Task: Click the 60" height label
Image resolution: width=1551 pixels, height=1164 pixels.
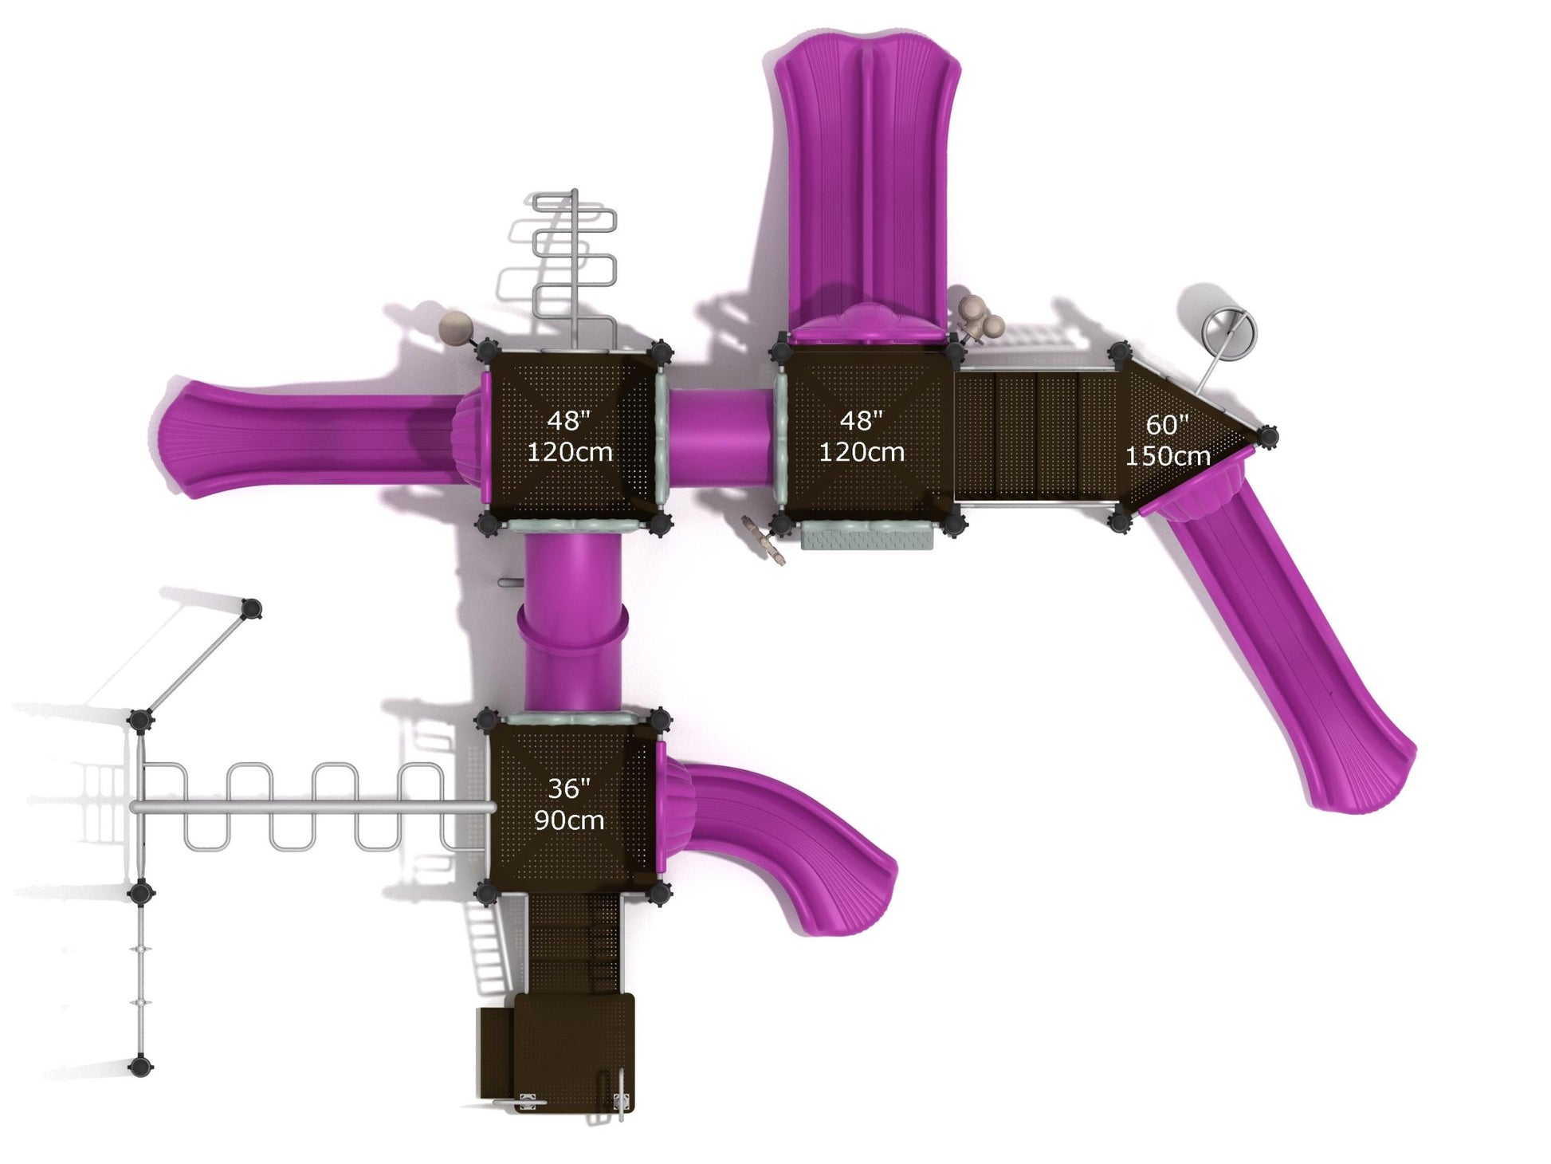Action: [x=1168, y=424]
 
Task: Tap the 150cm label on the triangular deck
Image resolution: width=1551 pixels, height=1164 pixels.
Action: [x=1168, y=456]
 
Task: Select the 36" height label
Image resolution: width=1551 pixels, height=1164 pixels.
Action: [x=569, y=788]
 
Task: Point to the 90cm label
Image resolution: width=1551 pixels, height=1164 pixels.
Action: [x=569, y=820]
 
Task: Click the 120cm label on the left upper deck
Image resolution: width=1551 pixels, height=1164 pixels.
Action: [x=570, y=452]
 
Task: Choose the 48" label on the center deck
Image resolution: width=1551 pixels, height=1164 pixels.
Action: [x=862, y=420]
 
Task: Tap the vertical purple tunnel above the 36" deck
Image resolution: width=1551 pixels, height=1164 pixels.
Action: [x=572, y=622]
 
